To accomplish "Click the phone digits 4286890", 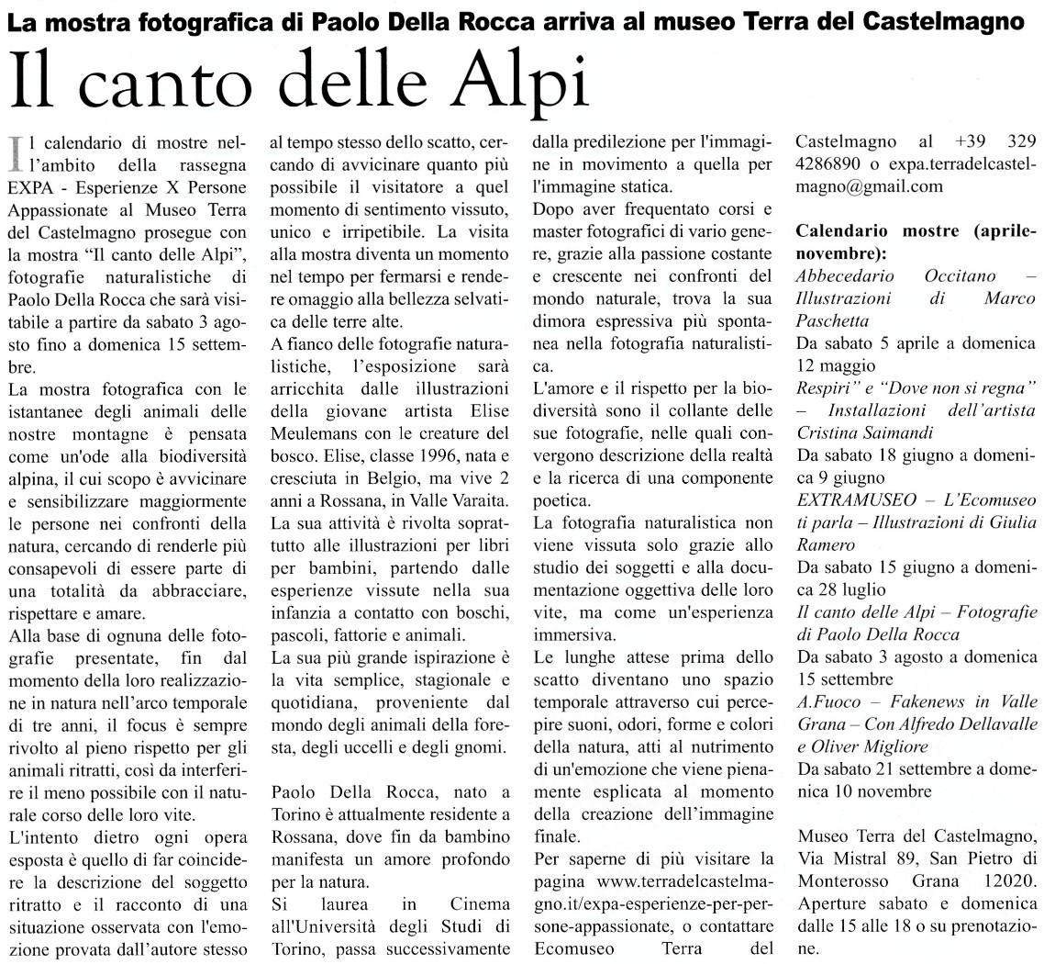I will coord(834,164).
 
